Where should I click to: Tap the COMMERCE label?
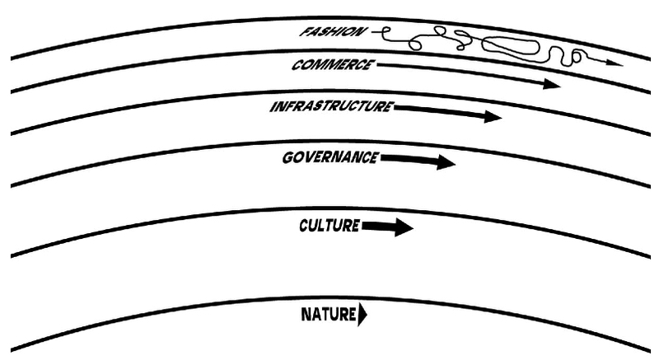click(x=331, y=64)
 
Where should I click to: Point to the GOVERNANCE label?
click(x=330, y=156)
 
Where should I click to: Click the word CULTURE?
click(x=329, y=224)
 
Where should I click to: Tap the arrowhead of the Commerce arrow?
click(x=550, y=84)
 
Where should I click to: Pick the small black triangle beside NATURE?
click(x=362, y=314)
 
